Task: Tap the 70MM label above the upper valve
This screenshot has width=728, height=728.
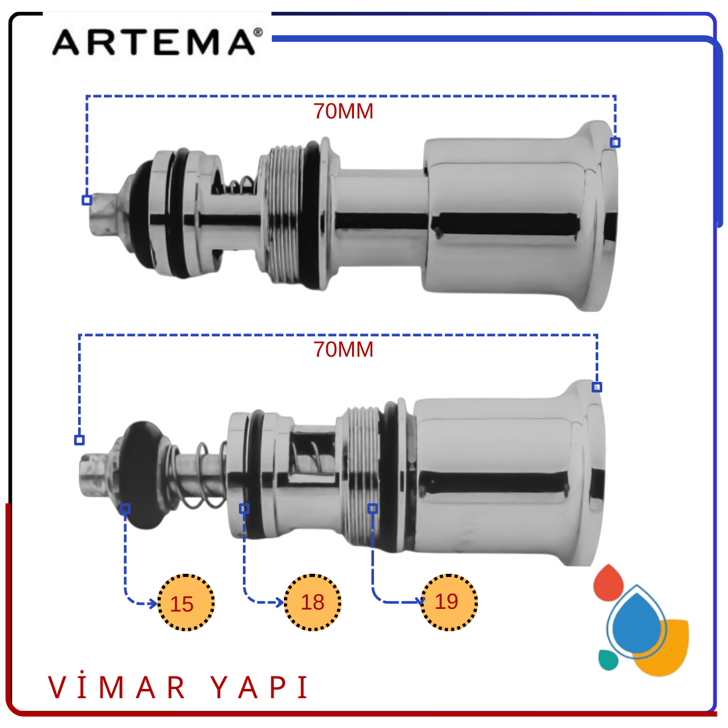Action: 343,111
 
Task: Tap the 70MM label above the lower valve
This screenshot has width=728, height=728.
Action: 343,349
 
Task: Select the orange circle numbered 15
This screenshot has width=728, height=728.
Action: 186,602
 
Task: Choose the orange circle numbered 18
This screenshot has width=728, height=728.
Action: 312,602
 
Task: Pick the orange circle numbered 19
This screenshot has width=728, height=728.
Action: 449,602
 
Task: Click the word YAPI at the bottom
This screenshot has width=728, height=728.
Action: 259,687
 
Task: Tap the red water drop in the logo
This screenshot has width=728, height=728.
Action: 608,584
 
